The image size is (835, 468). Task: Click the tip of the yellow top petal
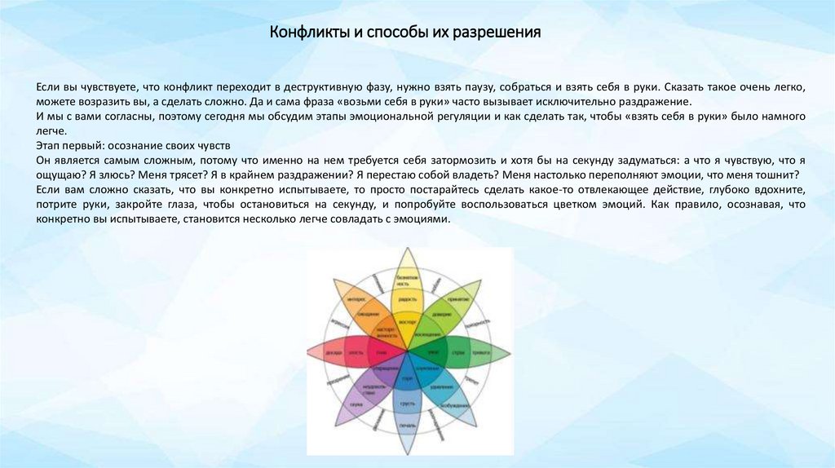click(408, 249)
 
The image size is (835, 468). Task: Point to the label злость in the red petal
click(356, 351)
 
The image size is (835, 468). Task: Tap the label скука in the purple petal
click(357, 403)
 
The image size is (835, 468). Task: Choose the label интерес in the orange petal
click(354, 298)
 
